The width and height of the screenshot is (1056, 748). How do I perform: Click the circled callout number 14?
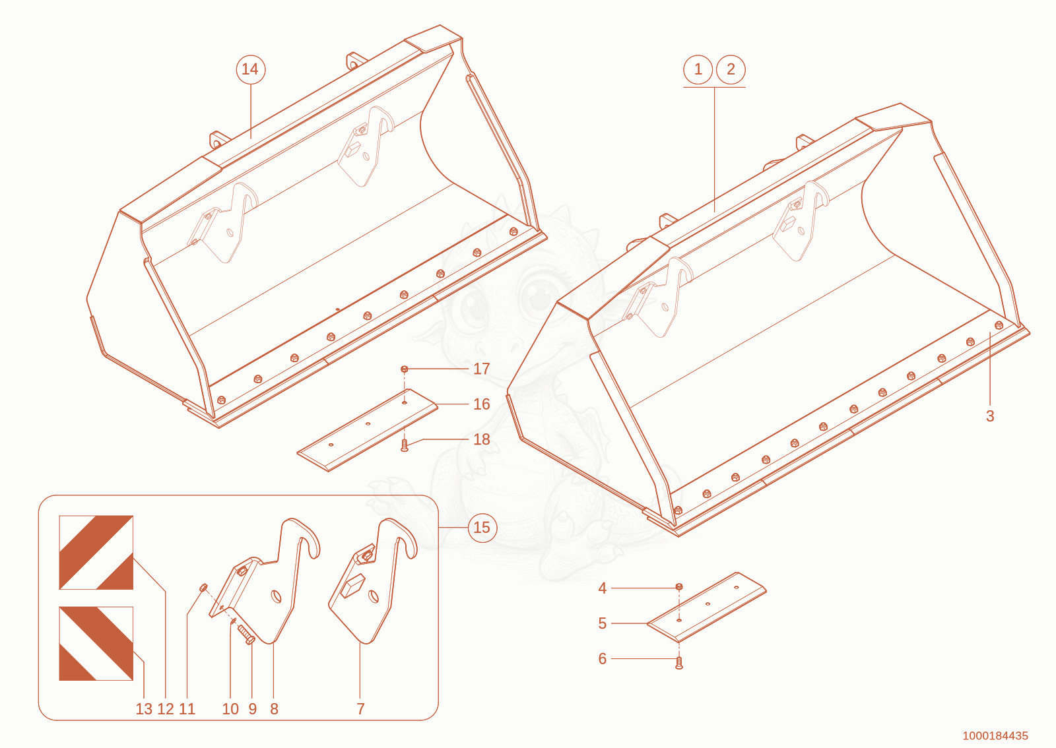coord(250,70)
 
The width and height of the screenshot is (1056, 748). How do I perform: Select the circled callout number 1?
coord(698,70)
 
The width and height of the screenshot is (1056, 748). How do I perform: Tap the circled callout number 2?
coord(731,70)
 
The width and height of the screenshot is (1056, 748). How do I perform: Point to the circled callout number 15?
coord(482,528)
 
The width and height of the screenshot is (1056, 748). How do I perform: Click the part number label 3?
coord(990,416)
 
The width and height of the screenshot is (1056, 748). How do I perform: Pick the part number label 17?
coord(481,368)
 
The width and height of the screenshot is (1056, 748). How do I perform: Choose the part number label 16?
coord(481,404)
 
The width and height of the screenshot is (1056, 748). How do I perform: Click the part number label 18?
coord(481,439)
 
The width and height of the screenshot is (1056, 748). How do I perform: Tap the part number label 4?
coord(602,588)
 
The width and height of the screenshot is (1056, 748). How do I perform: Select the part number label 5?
coord(602,623)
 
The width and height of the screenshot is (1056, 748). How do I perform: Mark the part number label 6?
coord(602,658)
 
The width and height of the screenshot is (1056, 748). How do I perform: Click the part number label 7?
coord(360,709)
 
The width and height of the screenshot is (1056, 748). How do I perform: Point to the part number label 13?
coord(144,709)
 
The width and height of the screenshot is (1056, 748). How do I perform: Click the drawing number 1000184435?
coord(995,735)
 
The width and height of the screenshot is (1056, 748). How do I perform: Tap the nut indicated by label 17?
coord(404,369)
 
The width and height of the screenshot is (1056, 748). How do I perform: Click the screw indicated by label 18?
coord(404,445)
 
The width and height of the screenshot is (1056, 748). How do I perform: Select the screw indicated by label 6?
coord(679,663)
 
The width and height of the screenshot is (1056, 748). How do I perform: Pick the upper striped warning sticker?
coord(96,553)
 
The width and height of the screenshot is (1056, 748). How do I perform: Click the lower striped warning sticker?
coord(96,643)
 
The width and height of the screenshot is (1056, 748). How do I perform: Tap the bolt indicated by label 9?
coord(246,634)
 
